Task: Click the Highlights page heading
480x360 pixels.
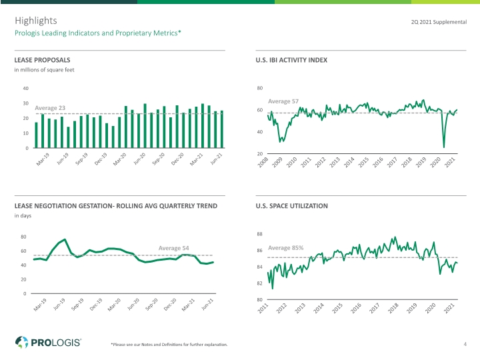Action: click(x=36, y=21)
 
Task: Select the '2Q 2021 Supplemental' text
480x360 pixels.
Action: click(x=439, y=22)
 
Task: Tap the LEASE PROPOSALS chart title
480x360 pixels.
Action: click(x=42, y=60)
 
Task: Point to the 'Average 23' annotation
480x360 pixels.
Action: click(x=50, y=108)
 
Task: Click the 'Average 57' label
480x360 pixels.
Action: click(x=283, y=101)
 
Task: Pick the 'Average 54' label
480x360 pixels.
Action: click(x=173, y=248)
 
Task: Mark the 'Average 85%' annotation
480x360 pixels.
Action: click(x=285, y=248)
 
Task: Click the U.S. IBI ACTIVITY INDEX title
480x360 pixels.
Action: click(x=291, y=60)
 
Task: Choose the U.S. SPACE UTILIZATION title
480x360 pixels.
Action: click(x=292, y=206)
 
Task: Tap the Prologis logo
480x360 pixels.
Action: click(x=48, y=342)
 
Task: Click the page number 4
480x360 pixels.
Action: click(x=465, y=344)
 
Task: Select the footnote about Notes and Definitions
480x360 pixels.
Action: click(x=169, y=345)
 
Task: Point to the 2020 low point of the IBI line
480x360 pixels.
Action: click(x=444, y=147)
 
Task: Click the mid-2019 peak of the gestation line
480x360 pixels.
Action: click(x=65, y=239)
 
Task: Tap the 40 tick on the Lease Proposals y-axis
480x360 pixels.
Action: click(x=26, y=89)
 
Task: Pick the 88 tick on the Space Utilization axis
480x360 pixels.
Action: click(x=259, y=234)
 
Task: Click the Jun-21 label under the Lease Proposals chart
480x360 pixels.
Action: click(x=216, y=159)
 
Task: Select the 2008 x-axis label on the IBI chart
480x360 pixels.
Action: click(x=263, y=162)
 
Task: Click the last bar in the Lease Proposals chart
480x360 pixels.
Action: click(x=222, y=129)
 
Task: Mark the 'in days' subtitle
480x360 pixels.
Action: click(x=23, y=215)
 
